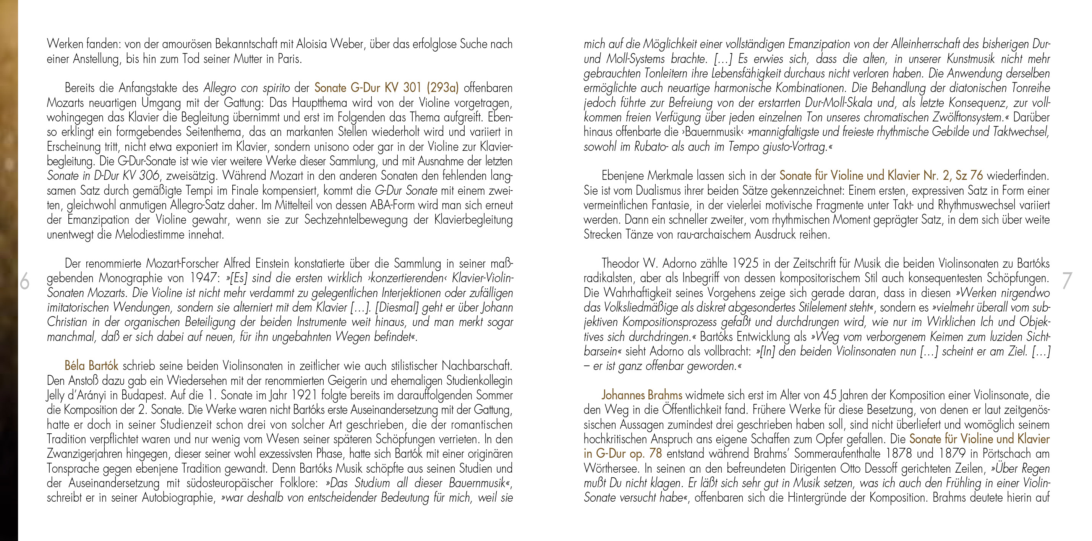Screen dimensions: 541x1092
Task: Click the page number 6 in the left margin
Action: click(24, 281)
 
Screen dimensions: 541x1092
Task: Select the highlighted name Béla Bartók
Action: click(91, 366)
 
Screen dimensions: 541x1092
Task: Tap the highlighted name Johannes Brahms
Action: click(642, 395)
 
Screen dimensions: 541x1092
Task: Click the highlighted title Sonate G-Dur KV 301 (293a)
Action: click(387, 88)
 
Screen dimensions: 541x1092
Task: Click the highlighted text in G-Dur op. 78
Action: click(622, 454)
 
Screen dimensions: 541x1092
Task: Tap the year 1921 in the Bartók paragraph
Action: click(303, 395)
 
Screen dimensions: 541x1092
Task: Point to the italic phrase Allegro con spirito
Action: click(247, 88)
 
